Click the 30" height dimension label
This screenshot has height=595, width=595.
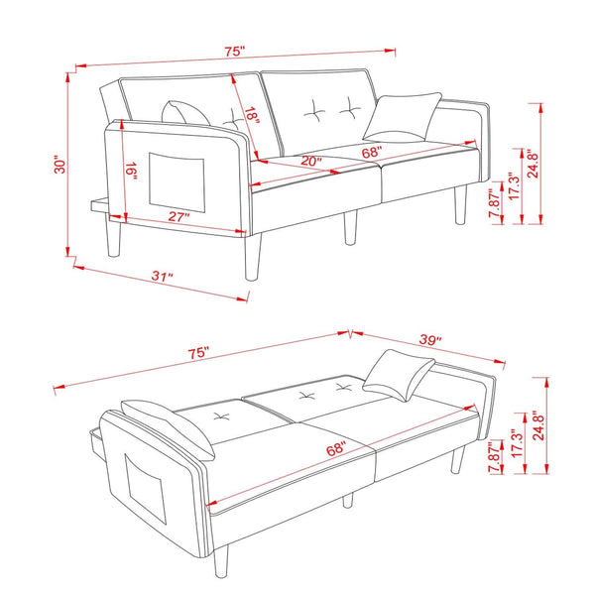[x=59, y=164]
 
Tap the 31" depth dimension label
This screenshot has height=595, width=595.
[x=162, y=276]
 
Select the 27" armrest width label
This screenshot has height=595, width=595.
[x=178, y=216]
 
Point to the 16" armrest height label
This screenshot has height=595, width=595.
[x=131, y=171]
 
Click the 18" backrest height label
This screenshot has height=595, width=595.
[x=252, y=116]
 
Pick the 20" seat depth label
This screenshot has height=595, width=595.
[x=311, y=161]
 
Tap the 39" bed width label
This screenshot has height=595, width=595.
[x=430, y=339]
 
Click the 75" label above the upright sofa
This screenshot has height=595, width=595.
[x=234, y=52]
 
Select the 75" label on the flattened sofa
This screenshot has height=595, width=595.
[x=198, y=353]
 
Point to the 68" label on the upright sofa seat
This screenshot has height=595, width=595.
[x=371, y=152]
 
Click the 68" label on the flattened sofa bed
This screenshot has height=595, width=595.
[x=336, y=449]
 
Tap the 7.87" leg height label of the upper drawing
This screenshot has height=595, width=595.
[x=495, y=203]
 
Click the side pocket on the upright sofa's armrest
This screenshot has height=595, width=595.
[x=177, y=182]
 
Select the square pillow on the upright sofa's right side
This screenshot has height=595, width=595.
[x=403, y=118]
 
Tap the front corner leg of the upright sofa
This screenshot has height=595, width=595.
[x=253, y=257]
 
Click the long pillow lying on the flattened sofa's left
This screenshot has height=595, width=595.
[x=169, y=429]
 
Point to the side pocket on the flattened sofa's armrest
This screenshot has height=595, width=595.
[x=146, y=489]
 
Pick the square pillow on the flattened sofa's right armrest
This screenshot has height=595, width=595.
[x=399, y=375]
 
